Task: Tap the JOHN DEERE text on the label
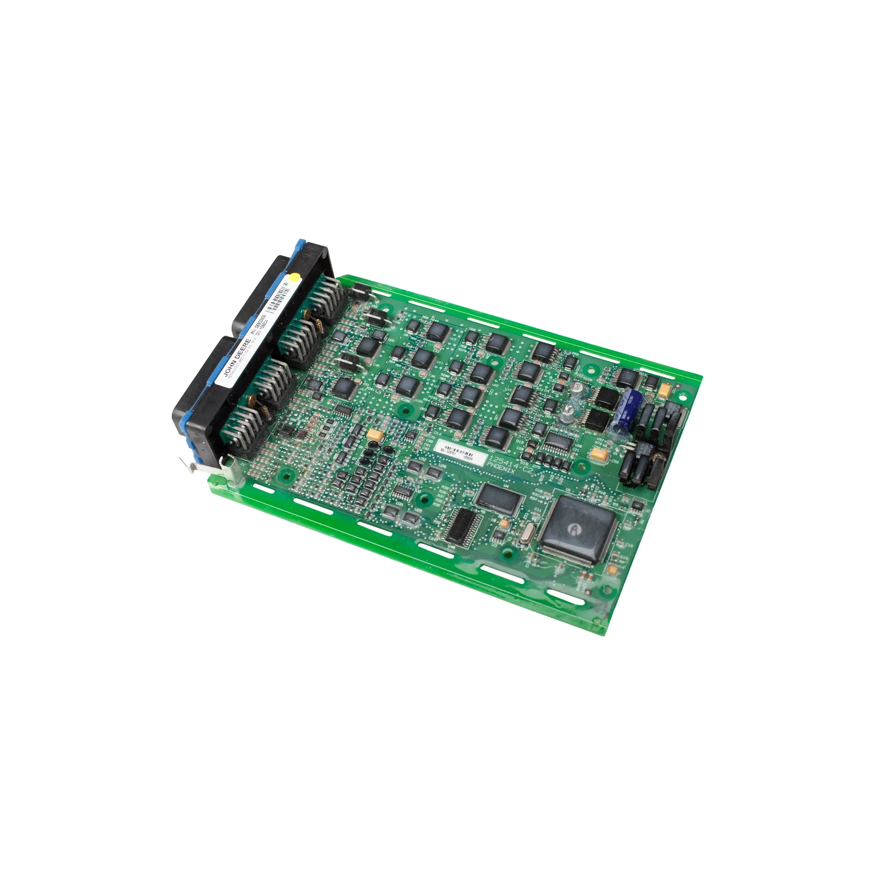tap(237, 357)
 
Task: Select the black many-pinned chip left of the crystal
tap(461, 525)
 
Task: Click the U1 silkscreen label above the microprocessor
tap(568, 490)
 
